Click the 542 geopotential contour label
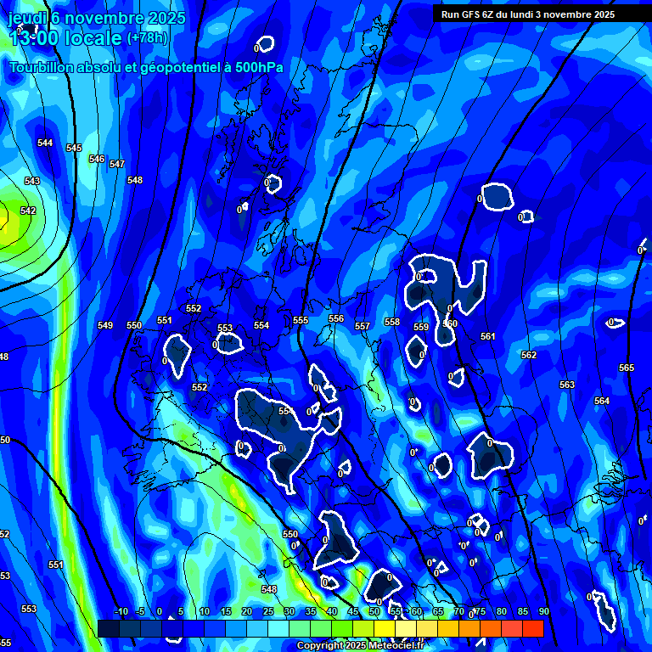[28, 211]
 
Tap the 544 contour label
[45, 143]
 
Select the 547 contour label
[117, 164]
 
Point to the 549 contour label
[105, 325]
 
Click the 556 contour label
[336, 318]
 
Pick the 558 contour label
[392, 322]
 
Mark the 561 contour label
[487, 336]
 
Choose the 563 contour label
[567, 385]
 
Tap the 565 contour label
[627, 368]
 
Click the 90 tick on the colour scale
[543, 611]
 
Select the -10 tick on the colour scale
[121, 611]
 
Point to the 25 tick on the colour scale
[267, 611]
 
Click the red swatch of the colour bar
[532, 628]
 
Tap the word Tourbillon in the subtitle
[43, 67]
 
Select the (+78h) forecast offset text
[148, 37]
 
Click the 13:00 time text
[33, 37]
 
